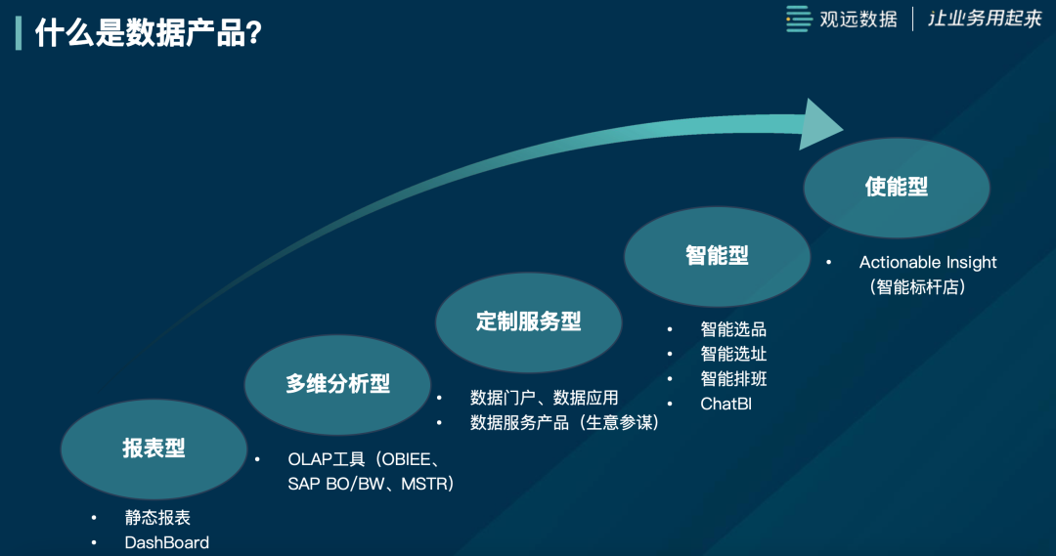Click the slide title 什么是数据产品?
(149, 33)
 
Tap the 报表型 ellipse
(154, 449)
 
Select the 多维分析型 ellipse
(337, 384)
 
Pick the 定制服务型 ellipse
(529, 322)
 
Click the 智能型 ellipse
(717, 256)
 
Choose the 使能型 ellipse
(897, 188)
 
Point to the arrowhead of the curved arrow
(820, 124)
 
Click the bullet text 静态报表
(157, 518)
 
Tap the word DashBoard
(167, 542)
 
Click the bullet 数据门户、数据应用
(545, 398)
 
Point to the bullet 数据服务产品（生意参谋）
(564, 423)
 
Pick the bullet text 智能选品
(733, 329)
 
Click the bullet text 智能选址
(733, 354)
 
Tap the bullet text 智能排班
(733, 379)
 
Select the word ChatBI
(726, 404)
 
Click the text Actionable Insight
(928, 263)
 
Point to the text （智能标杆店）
(917, 287)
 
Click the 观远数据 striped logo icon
(800, 19)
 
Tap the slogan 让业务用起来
(986, 19)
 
